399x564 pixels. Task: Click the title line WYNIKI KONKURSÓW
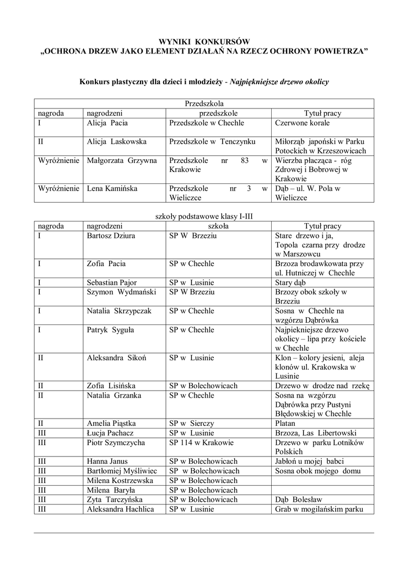click(x=204, y=42)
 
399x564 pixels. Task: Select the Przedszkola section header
click(x=204, y=104)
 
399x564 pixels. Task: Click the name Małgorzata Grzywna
click(x=122, y=160)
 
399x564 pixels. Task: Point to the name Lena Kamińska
click(x=112, y=188)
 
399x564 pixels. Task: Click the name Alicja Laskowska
click(x=117, y=142)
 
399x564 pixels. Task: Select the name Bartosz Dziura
click(x=111, y=236)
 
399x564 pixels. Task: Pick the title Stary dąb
click(x=290, y=283)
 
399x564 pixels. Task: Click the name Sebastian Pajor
click(x=112, y=283)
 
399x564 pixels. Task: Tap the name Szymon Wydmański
click(x=121, y=292)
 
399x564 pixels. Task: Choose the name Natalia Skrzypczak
click(x=119, y=311)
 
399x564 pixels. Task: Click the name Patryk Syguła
click(x=111, y=329)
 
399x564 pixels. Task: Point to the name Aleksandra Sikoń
click(x=116, y=357)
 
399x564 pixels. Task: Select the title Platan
click(x=285, y=424)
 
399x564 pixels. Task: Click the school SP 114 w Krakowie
click(x=202, y=442)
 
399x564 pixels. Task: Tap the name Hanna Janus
click(x=107, y=461)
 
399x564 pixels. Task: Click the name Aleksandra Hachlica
click(x=120, y=509)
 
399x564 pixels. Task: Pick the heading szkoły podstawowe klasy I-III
click(x=204, y=216)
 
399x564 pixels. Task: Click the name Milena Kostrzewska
click(x=120, y=480)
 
